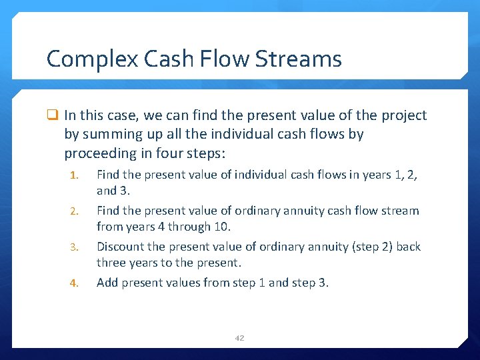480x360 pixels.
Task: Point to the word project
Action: point(403,116)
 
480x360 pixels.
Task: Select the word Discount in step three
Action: point(120,247)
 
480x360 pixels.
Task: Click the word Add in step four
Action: point(107,283)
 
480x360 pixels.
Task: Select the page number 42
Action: point(239,338)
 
